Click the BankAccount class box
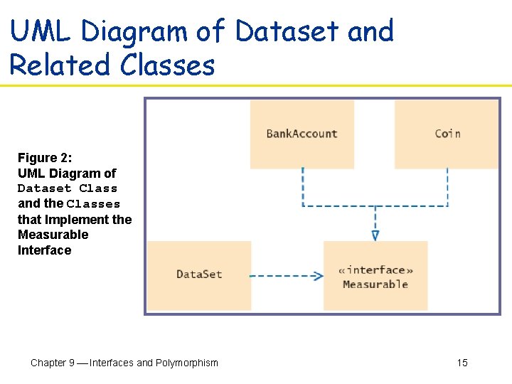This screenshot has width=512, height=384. pyautogui.click(x=302, y=134)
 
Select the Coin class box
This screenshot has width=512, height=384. pyautogui.click(x=447, y=134)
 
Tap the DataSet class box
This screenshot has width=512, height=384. pyautogui.click(x=199, y=274)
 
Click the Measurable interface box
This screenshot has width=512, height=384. pyautogui.click(x=375, y=276)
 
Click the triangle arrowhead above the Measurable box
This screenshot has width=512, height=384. pyautogui.click(x=375, y=235)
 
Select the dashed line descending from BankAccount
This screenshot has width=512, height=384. pyautogui.click(x=303, y=186)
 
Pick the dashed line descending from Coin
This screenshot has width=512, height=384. pyautogui.click(x=447, y=186)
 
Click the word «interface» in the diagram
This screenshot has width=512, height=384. pyautogui.click(x=376, y=270)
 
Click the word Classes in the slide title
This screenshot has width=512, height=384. pyautogui.click(x=167, y=65)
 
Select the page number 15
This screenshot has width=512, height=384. pyautogui.click(x=462, y=363)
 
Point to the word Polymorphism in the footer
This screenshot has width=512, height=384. pyautogui.click(x=187, y=363)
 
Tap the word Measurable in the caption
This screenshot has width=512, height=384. pyautogui.click(x=53, y=235)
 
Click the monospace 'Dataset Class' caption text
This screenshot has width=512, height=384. pyautogui.click(x=67, y=188)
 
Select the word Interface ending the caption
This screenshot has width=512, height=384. pyautogui.click(x=44, y=250)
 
